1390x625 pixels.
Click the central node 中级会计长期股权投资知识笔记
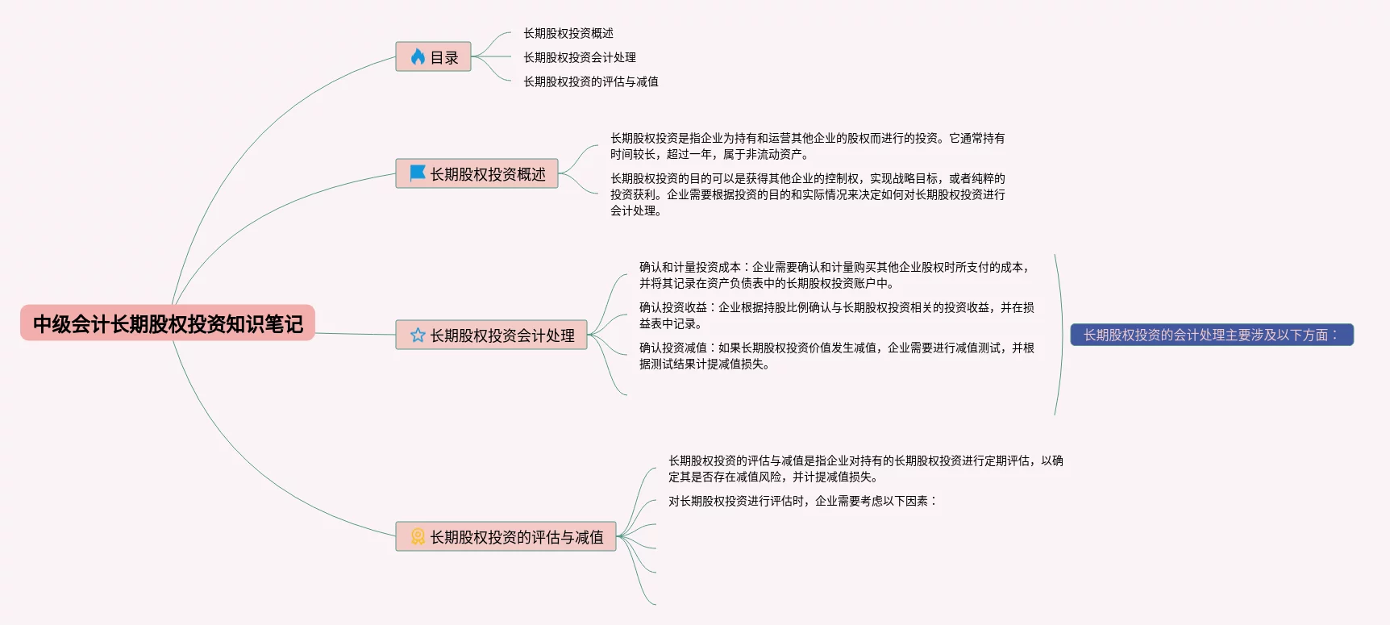coord(168,323)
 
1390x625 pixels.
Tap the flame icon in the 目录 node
coord(418,56)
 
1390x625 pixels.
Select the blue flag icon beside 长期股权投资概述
coord(418,173)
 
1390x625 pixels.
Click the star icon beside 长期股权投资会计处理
coord(418,335)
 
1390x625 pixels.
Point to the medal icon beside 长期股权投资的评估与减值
coord(418,536)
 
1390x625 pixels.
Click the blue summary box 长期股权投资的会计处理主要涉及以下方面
coord(1211,335)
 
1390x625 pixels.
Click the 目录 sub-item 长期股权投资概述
coord(568,33)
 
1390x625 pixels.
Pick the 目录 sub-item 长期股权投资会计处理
coord(580,57)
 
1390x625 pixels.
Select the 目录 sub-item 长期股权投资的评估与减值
coord(591,81)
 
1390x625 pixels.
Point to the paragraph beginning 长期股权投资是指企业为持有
coord(807,146)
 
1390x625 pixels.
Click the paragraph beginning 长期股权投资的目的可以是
coord(807,194)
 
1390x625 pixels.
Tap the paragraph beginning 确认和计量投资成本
coord(835,275)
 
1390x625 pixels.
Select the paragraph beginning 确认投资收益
coord(836,315)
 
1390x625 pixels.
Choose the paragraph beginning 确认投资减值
coord(836,356)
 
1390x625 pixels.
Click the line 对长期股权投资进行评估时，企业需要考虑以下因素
coord(802,501)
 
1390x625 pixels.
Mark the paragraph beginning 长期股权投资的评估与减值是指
coord(865,469)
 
